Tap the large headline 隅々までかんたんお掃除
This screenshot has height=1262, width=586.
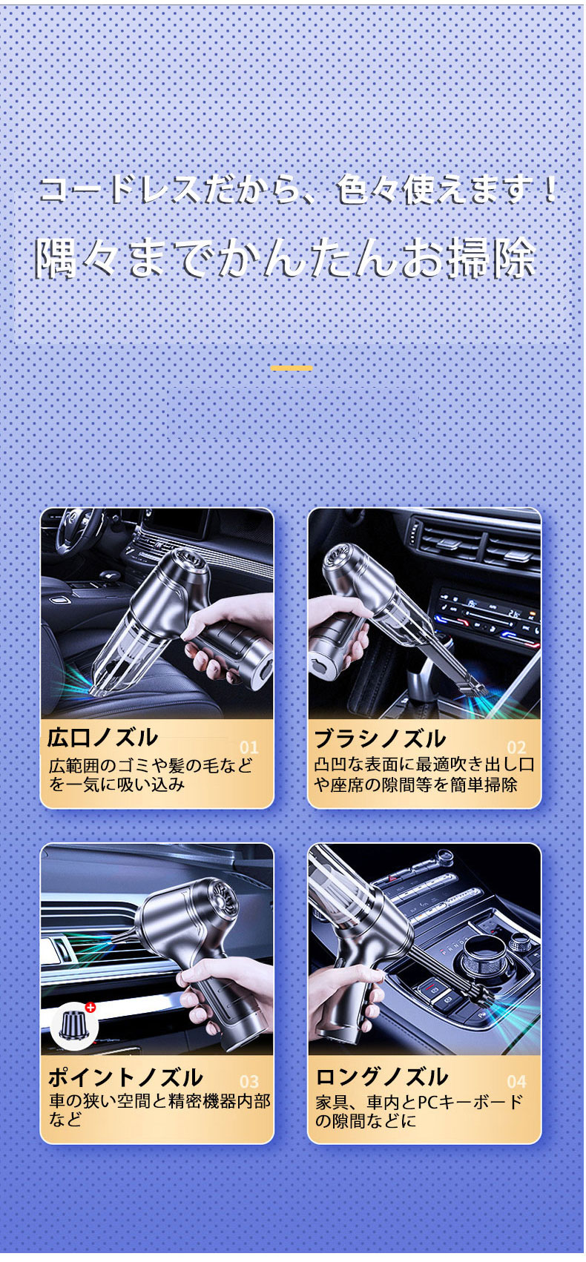click(286, 258)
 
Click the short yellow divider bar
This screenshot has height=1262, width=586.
click(292, 368)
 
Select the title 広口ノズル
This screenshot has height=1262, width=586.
click(102, 738)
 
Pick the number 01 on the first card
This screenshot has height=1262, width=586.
click(249, 747)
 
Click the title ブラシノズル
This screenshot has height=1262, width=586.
click(380, 738)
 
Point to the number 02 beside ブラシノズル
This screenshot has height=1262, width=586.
click(516, 747)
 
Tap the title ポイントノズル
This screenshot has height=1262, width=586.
click(125, 1077)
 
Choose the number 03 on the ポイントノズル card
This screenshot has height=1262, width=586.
click(249, 1081)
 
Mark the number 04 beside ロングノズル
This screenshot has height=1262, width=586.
click(516, 1081)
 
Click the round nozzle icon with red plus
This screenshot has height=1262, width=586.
click(74, 1025)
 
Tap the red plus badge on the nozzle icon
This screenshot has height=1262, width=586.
click(90, 1007)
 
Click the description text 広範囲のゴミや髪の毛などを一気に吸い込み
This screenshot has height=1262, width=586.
click(151, 775)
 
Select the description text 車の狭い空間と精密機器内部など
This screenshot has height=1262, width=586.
click(159, 1109)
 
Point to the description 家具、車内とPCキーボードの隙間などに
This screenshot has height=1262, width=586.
click(418, 1111)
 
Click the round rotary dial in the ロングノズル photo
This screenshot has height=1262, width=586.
click(485, 957)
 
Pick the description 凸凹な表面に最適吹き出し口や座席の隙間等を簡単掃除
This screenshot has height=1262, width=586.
click(424, 775)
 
